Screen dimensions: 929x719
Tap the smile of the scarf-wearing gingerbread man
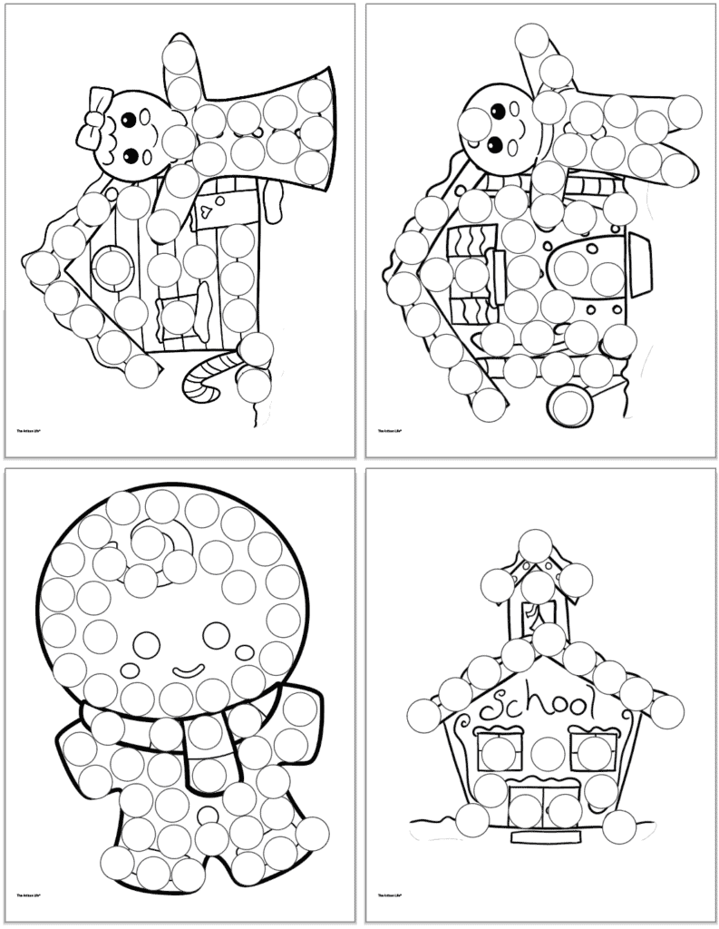pyautogui.click(x=189, y=672)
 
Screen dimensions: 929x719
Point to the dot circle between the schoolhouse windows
pyautogui.click(x=547, y=753)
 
